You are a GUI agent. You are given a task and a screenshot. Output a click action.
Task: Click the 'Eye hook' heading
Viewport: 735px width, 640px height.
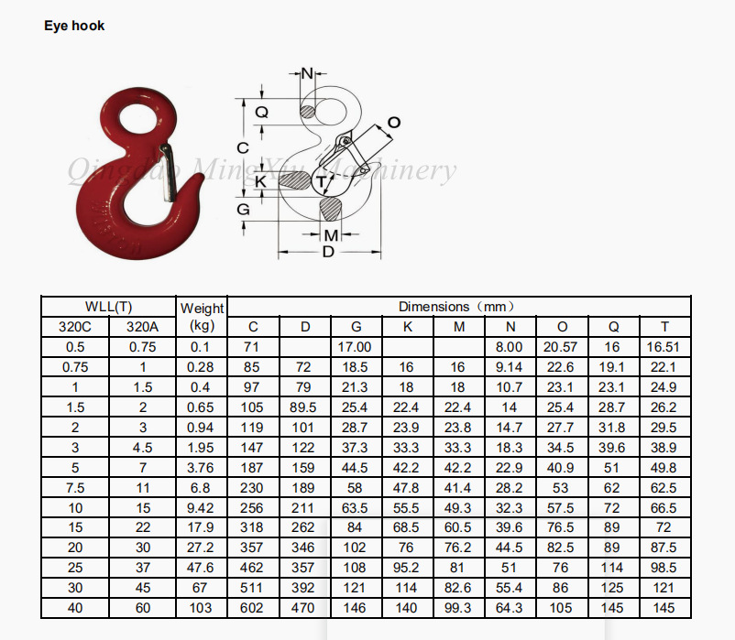coord(74,26)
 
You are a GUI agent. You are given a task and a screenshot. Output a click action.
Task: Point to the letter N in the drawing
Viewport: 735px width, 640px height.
coord(307,73)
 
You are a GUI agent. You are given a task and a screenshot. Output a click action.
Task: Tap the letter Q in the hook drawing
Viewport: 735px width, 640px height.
coord(261,113)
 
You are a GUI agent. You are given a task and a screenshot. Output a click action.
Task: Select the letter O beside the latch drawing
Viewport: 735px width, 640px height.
coord(394,123)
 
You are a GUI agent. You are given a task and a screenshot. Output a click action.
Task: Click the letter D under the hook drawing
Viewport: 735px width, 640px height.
coord(329,252)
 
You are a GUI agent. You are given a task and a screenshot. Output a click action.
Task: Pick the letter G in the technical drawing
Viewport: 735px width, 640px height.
coord(243,209)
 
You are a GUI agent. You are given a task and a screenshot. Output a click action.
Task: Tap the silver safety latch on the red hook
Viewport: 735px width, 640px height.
coord(169,172)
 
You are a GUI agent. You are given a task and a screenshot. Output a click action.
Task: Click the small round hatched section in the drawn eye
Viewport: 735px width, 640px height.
coord(308,112)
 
